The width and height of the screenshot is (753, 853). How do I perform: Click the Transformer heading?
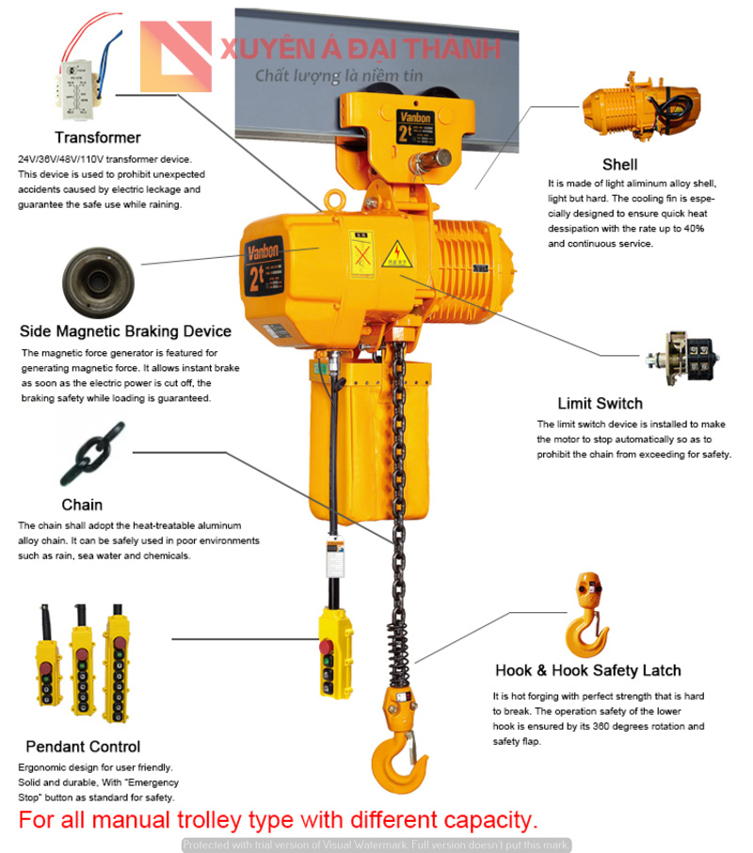point(97,137)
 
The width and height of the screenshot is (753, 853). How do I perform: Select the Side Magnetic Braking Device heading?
point(125,331)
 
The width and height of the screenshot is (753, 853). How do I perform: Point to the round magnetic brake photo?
point(98,282)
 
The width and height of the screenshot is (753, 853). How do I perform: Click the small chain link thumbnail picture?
point(92,453)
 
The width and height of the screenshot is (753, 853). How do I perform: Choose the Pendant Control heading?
point(83,747)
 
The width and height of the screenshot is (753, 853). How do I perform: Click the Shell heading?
point(619,164)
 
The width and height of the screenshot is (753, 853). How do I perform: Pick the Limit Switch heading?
point(601,403)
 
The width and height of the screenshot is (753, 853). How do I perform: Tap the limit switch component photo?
point(682,358)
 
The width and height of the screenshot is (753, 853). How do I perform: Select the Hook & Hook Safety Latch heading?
point(587,670)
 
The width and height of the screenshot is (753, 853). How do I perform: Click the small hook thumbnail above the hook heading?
point(587,615)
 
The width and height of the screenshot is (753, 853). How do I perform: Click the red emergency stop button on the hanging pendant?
point(327,648)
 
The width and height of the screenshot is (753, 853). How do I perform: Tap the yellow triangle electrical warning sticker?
point(397,254)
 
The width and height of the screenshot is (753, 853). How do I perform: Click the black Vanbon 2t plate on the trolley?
point(415,127)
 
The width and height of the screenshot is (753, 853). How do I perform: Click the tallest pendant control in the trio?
point(117,664)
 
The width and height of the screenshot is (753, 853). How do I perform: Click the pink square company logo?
point(176,56)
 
